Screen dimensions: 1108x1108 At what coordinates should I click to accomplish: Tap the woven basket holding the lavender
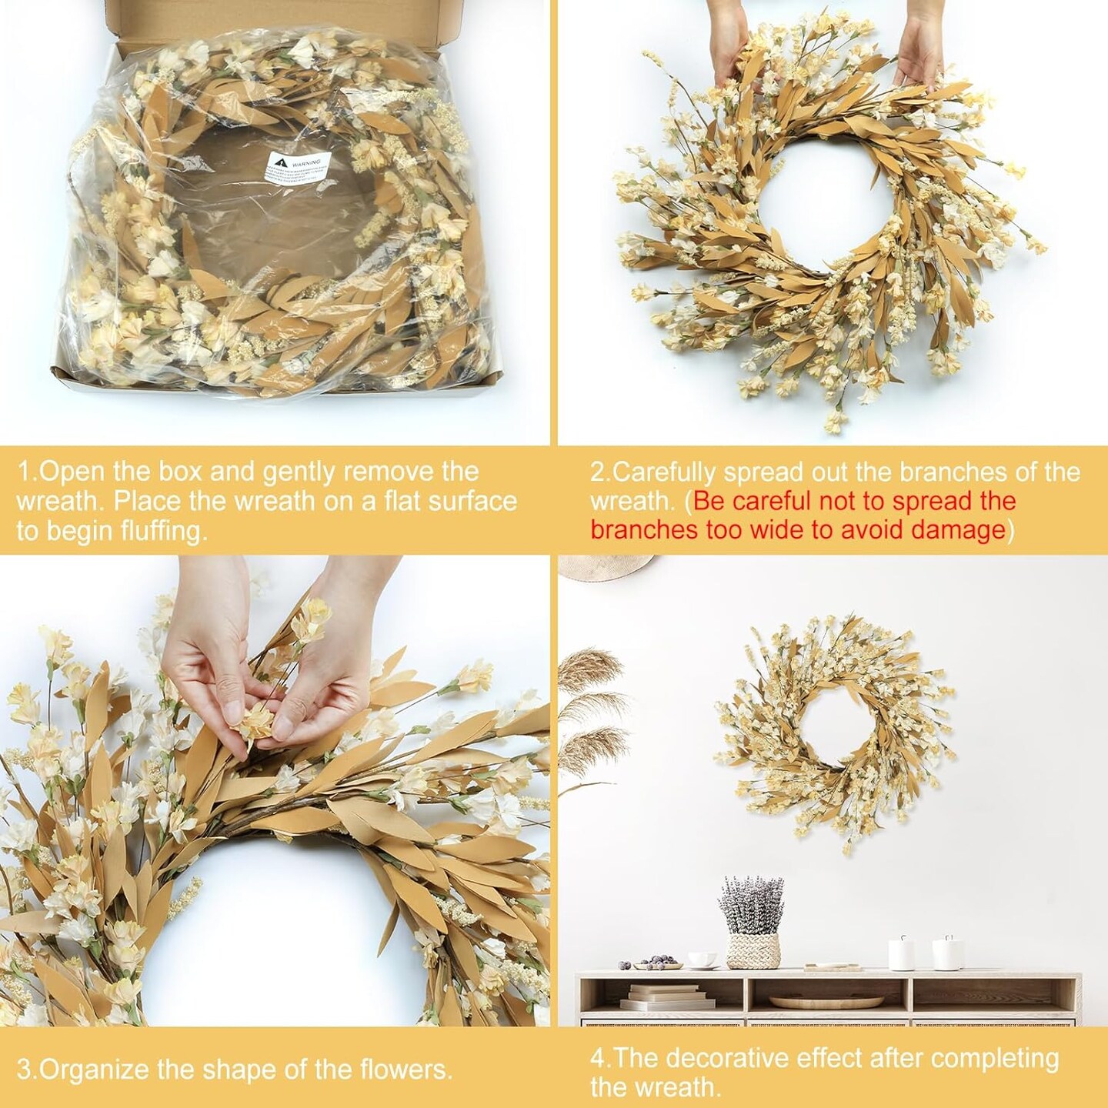(753, 949)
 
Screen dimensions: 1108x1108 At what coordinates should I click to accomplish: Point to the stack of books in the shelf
(650, 997)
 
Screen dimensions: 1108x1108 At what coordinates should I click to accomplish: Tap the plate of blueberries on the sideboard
(655, 963)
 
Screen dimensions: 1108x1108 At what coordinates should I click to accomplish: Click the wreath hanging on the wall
(834, 731)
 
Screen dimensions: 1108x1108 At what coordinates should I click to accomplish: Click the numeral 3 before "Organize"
(24, 1070)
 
